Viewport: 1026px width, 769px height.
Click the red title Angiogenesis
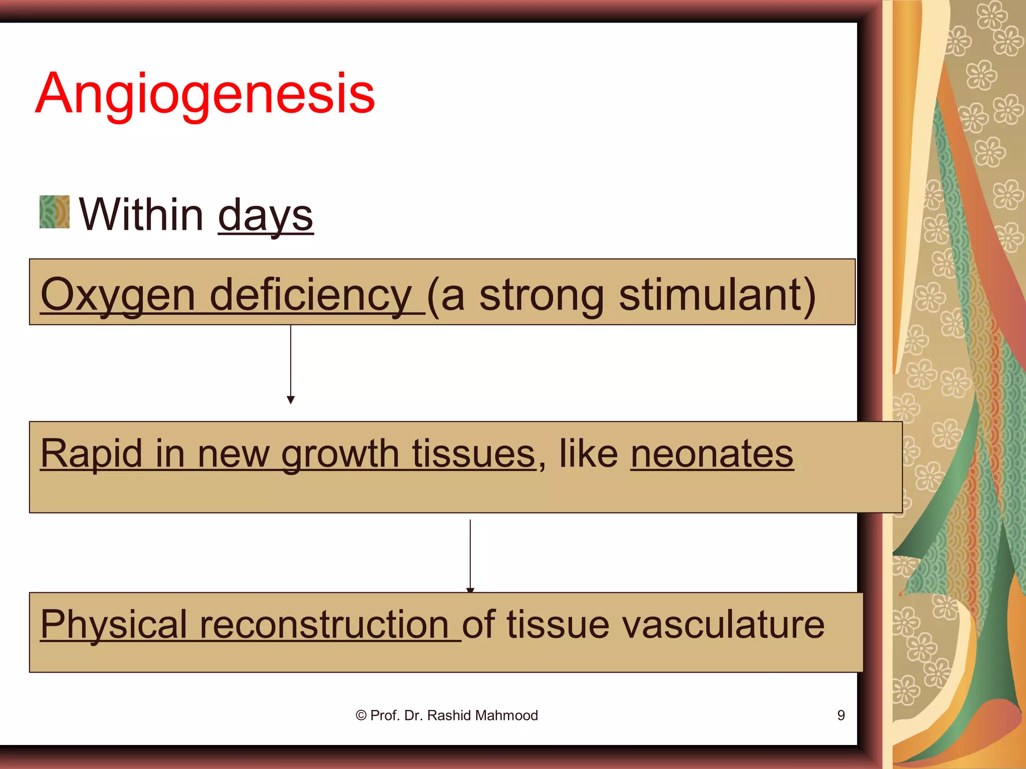coord(205,94)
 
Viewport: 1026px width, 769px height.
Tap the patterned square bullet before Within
coord(54,212)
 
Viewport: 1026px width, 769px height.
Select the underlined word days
coord(266,215)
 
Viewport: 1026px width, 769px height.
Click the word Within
coord(141,214)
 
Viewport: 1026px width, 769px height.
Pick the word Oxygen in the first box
coord(118,295)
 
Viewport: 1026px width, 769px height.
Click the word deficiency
coord(311,295)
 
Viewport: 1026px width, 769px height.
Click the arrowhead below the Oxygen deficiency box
coord(291,400)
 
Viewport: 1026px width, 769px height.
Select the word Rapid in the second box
coord(91,454)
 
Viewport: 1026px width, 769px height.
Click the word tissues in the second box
coord(474,454)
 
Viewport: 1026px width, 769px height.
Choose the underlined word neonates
coord(712,454)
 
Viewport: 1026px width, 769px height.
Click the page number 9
coord(841,715)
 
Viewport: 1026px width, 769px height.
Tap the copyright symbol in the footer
coord(361,715)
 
